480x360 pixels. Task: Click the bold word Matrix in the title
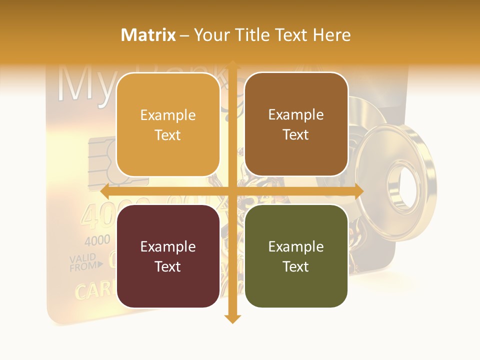click(148, 35)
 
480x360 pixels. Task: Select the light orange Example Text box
click(168, 125)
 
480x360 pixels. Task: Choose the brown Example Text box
click(296, 124)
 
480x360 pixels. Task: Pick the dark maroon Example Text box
click(168, 256)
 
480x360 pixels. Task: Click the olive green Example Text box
click(296, 256)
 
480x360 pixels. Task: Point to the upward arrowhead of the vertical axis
click(232, 64)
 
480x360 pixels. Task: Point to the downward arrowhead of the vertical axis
click(232, 318)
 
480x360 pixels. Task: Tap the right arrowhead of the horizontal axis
click(358, 191)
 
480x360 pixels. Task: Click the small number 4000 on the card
click(97, 240)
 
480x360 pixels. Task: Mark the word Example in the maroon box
click(168, 246)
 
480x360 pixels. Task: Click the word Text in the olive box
click(296, 266)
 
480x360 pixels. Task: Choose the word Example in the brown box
click(296, 115)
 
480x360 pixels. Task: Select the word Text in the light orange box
click(168, 135)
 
